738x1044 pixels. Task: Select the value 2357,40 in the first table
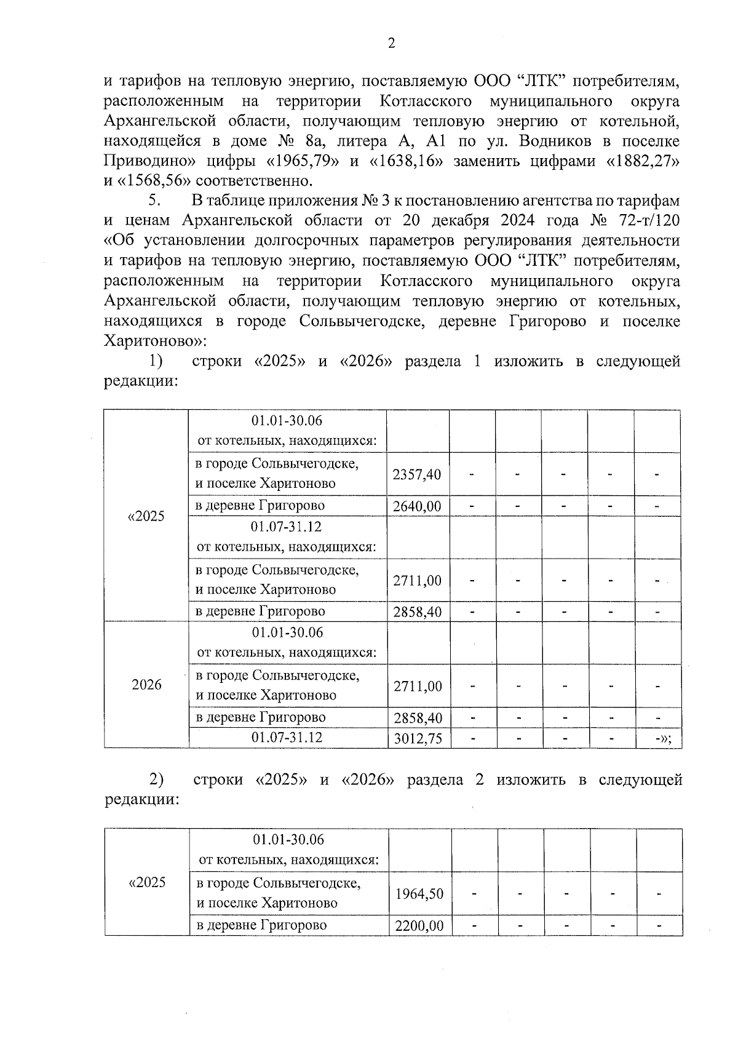(x=417, y=474)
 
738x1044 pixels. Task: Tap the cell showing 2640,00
(x=417, y=506)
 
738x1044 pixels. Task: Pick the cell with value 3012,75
(x=418, y=738)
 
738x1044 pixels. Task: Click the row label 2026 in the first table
(x=146, y=685)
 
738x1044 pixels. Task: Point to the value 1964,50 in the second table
(x=419, y=893)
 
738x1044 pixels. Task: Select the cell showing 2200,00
(x=419, y=925)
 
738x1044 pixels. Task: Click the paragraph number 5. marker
(x=154, y=201)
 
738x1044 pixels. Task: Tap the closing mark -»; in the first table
(x=662, y=738)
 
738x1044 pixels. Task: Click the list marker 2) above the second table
(x=156, y=780)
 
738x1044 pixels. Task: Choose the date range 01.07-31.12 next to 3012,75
(x=287, y=737)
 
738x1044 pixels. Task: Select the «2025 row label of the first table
(x=146, y=516)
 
